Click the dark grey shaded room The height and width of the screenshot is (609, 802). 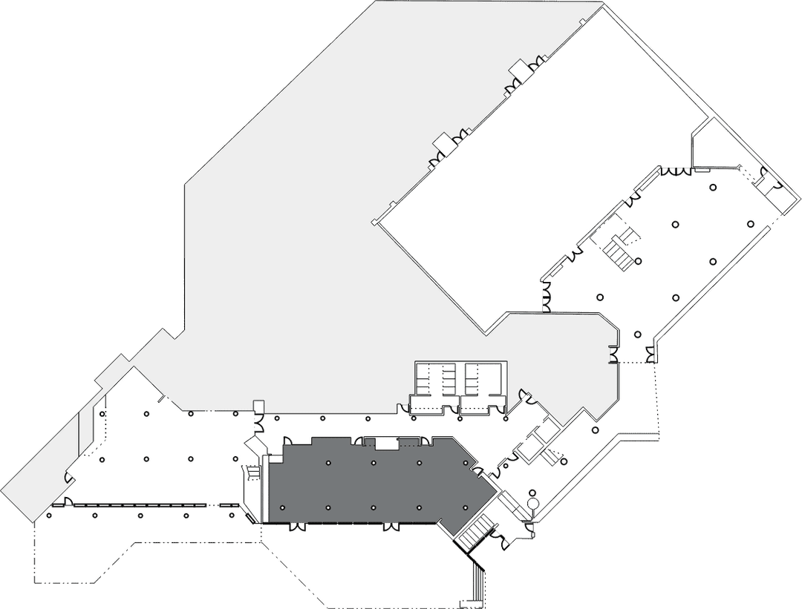click(x=371, y=482)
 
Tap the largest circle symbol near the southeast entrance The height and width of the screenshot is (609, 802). click(x=532, y=504)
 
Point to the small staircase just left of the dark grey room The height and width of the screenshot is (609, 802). click(x=252, y=472)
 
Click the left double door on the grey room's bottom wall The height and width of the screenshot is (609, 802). click(x=297, y=527)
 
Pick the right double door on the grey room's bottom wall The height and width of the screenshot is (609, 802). click(x=390, y=527)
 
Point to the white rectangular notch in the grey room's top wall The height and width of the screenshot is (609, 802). click(x=387, y=444)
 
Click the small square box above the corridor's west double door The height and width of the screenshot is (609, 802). click(x=258, y=406)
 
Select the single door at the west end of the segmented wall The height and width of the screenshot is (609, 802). click(x=67, y=502)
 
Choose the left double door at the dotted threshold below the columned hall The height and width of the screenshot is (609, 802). click(x=613, y=358)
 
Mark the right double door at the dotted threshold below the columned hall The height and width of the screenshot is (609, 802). click(x=651, y=358)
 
